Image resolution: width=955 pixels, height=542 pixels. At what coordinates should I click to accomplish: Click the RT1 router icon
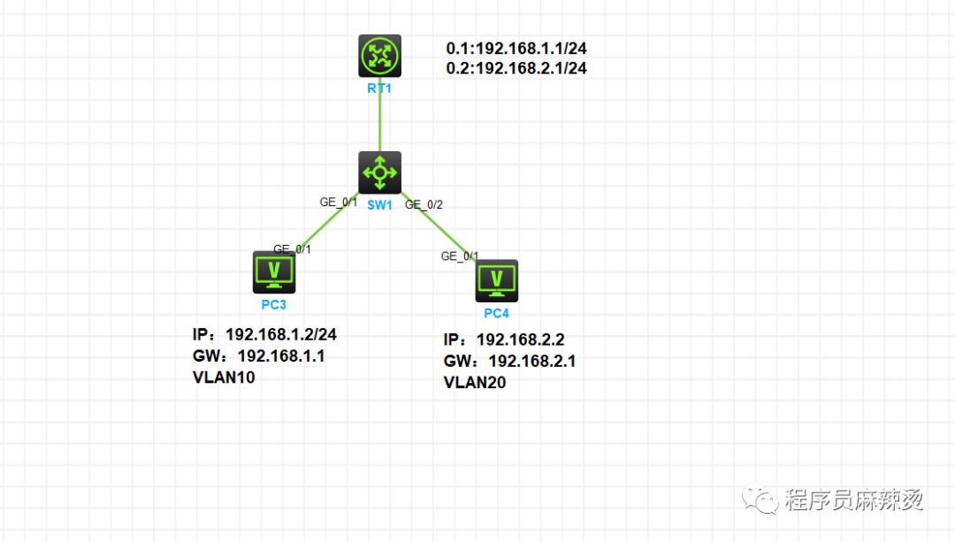click(x=379, y=56)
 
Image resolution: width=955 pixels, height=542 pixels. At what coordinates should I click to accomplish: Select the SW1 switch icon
click(x=379, y=173)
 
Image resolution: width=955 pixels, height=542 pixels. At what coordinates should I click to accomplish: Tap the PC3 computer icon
click(x=274, y=272)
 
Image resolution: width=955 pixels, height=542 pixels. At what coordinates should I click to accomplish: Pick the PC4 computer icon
click(x=496, y=281)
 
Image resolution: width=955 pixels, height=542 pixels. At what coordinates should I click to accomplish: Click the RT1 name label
click(x=379, y=88)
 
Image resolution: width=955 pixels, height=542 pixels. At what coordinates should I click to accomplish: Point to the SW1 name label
click(x=379, y=205)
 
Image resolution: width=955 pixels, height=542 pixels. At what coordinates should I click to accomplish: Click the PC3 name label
click(x=274, y=304)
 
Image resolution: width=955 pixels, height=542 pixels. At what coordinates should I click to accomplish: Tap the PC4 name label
click(x=496, y=313)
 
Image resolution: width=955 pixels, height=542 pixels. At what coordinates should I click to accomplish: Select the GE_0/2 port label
click(x=424, y=204)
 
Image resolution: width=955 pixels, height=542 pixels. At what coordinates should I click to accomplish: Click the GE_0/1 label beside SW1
click(x=339, y=202)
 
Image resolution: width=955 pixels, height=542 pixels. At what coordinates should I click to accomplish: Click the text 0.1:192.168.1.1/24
click(x=516, y=48)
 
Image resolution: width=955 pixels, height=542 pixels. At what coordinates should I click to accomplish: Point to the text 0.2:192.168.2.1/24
click(x=516, y=68)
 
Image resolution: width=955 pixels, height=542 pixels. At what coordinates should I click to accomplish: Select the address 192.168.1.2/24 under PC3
click(x=281, y=334)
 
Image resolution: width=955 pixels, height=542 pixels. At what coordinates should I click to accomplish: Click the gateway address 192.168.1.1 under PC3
click(x=281, y=355)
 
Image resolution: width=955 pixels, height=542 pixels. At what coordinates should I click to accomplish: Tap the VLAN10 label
click(x=224, y=378)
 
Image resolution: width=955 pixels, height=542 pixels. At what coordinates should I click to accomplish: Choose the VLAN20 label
click(x=475, y=383)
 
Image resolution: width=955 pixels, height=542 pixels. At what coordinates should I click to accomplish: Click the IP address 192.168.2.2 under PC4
click(x=520, y=340)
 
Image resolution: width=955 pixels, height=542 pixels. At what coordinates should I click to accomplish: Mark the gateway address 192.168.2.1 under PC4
click(x=531, y=361)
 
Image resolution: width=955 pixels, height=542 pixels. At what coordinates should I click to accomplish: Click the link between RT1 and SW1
click(x=380, y=114)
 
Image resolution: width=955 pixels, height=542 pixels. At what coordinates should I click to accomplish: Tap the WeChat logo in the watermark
click(x=760, y=499)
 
